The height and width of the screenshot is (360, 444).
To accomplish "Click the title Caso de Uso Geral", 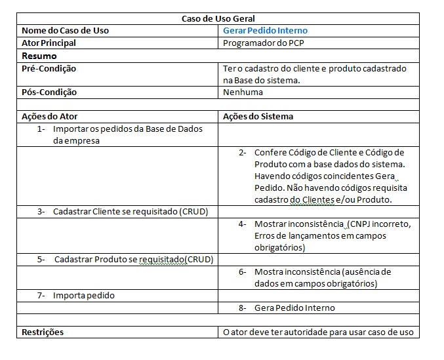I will pos(218,18).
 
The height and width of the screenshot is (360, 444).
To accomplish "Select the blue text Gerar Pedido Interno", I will pos(265,31).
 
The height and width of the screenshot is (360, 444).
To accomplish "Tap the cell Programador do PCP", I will pos(264,43).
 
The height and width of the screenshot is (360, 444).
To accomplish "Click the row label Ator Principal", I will pos(49,43).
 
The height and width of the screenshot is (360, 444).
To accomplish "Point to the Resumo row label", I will pos(39,56).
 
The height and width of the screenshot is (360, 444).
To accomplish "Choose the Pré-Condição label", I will pos(49,68).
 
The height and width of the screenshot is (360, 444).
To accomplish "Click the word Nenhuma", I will pos(243,92).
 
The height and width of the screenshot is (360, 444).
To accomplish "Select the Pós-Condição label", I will pos(49,92).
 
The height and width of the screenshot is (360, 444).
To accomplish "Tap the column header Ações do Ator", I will pos(50,117).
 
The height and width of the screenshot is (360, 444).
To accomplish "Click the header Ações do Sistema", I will pos(258,117).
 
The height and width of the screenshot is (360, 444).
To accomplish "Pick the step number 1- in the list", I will pos(42,129).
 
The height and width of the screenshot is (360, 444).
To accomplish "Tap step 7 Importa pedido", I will pos(83,296).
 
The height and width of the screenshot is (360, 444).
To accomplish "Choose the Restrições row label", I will pos(43,332).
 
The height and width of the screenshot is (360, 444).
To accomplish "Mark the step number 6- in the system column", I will pos(242,272).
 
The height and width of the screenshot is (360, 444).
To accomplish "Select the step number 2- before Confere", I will pos(242,153).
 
